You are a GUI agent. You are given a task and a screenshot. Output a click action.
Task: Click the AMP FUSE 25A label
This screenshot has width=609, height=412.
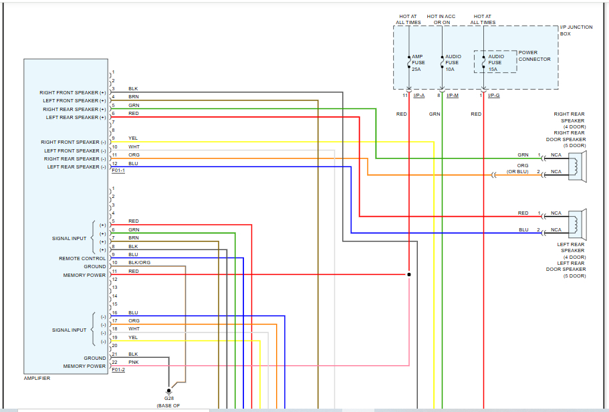pyautogui.click(x=418, y=63)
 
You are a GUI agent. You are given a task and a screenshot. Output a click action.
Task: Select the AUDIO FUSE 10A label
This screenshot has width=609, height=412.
pyautogui.click(x=453, y=63)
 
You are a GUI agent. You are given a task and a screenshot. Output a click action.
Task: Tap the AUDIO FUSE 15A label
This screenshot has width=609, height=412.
pyautogui.click(x=497, y=63)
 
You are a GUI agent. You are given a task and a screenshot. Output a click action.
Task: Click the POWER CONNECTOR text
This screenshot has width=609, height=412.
pyautogui.click(x=534, y=56)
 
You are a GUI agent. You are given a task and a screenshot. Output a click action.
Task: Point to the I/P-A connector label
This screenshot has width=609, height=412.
pyautogui.click(x=419, y=96)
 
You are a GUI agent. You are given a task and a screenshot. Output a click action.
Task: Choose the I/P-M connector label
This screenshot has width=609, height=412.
pyautogui.click(x=453, y=96)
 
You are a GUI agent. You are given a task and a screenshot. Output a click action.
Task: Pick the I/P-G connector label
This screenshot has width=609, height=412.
pyautogui.click(x=494, y=96)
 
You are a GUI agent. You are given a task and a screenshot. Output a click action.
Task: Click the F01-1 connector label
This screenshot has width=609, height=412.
pyautogui.click(x=118, y=171)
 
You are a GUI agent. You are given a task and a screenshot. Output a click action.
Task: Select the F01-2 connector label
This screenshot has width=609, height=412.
pyautogui.click(x=118, y=369)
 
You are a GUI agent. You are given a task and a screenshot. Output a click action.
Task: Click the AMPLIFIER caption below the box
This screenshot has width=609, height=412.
pyautogui.click(x=37, y=378)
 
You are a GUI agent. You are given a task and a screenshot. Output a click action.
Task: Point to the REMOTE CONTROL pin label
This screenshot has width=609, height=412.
pyautogui.click(x=82, y=258)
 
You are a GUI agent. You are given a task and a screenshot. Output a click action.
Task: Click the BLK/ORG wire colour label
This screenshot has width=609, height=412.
pyautogui.click(x=139, y=263)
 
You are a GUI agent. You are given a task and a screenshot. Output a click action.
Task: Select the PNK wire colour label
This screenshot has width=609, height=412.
pyautogui.click(x=134, y=362)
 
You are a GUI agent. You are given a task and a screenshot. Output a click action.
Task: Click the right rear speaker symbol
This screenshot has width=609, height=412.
pyautogui.click(x=577, y=165)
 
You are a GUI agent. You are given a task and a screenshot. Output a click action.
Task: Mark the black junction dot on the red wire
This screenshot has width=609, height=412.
pyautogui.click(x=408, y=274)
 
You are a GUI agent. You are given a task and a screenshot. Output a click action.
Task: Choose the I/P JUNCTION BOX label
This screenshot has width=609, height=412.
pyautogui.click(x=574, y=30)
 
